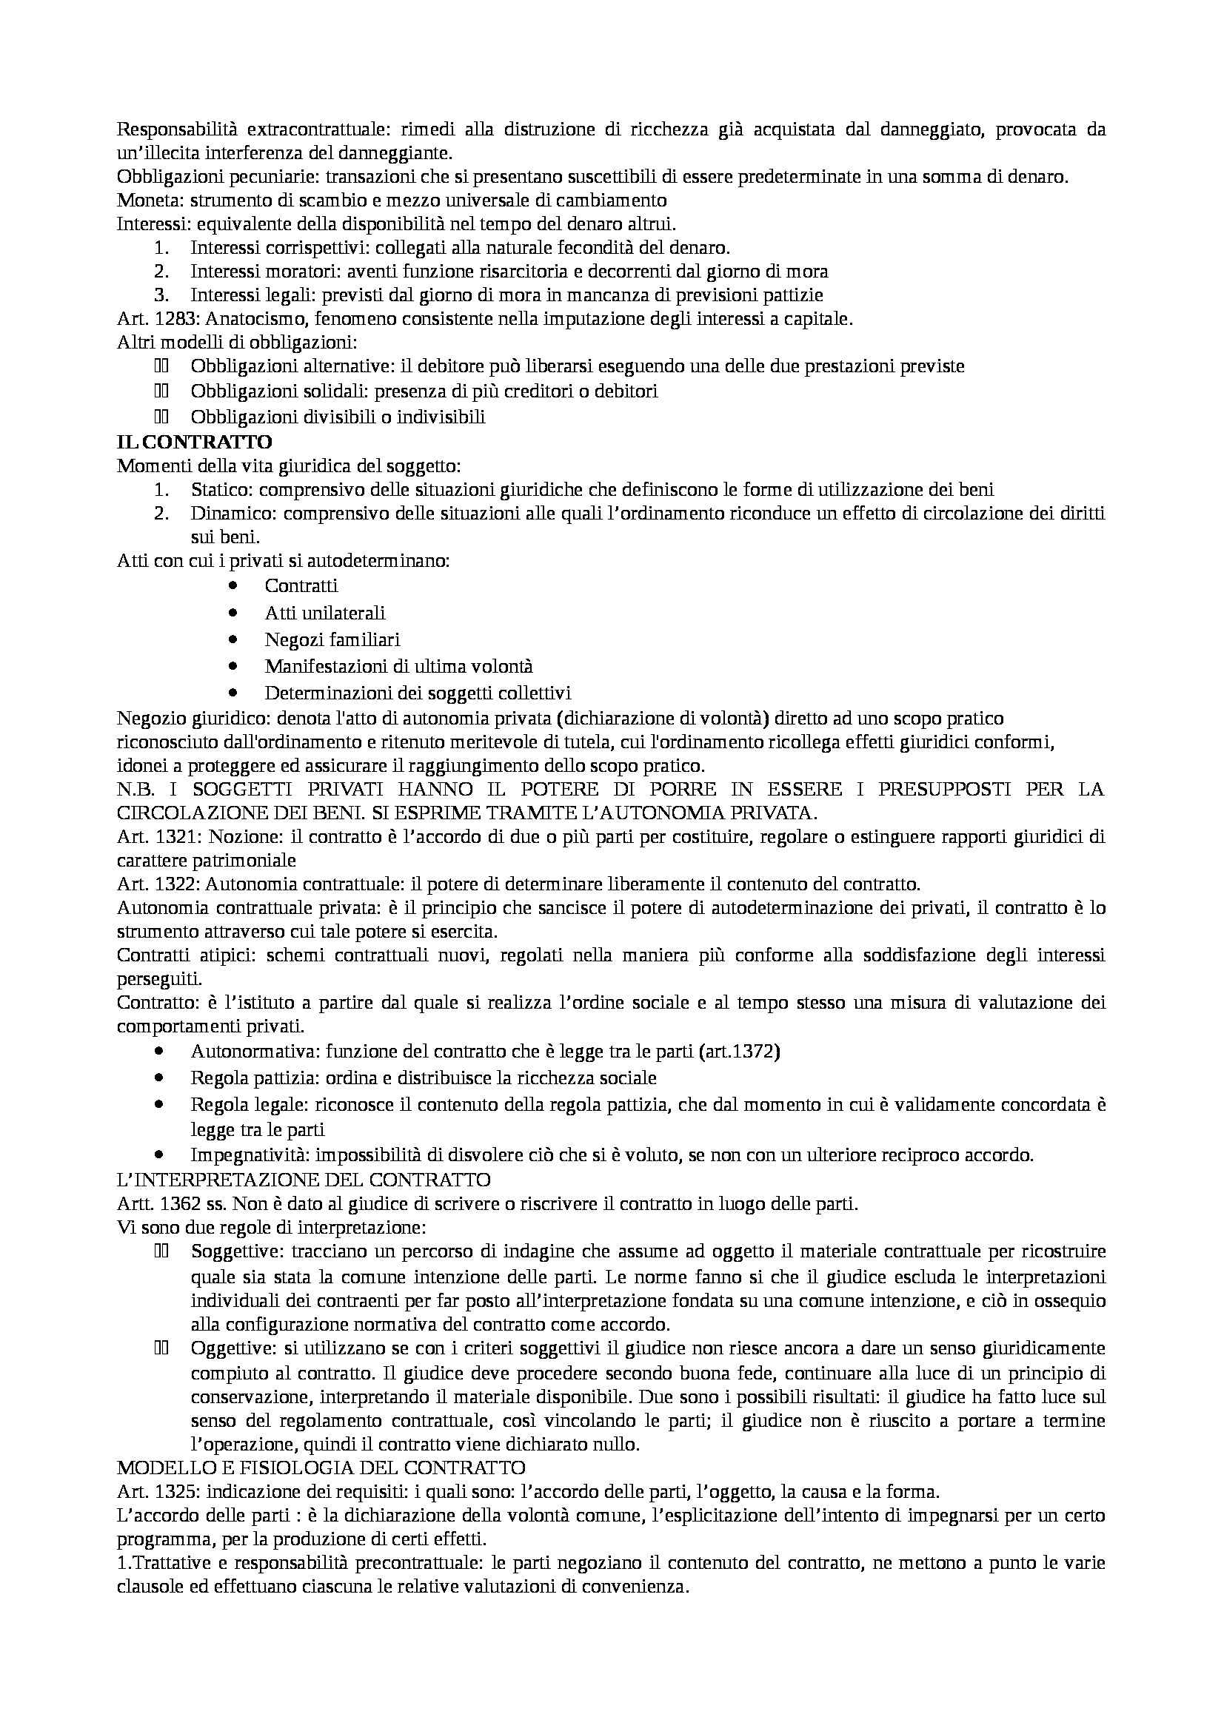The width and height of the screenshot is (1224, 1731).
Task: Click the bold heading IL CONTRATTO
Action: pos(195,441)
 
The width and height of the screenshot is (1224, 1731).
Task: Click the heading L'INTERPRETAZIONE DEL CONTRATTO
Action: pos(304,1178)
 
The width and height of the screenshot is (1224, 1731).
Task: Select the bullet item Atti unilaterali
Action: pos(324,613)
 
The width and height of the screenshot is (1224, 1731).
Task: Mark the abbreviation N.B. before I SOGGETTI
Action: pos(136,790)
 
